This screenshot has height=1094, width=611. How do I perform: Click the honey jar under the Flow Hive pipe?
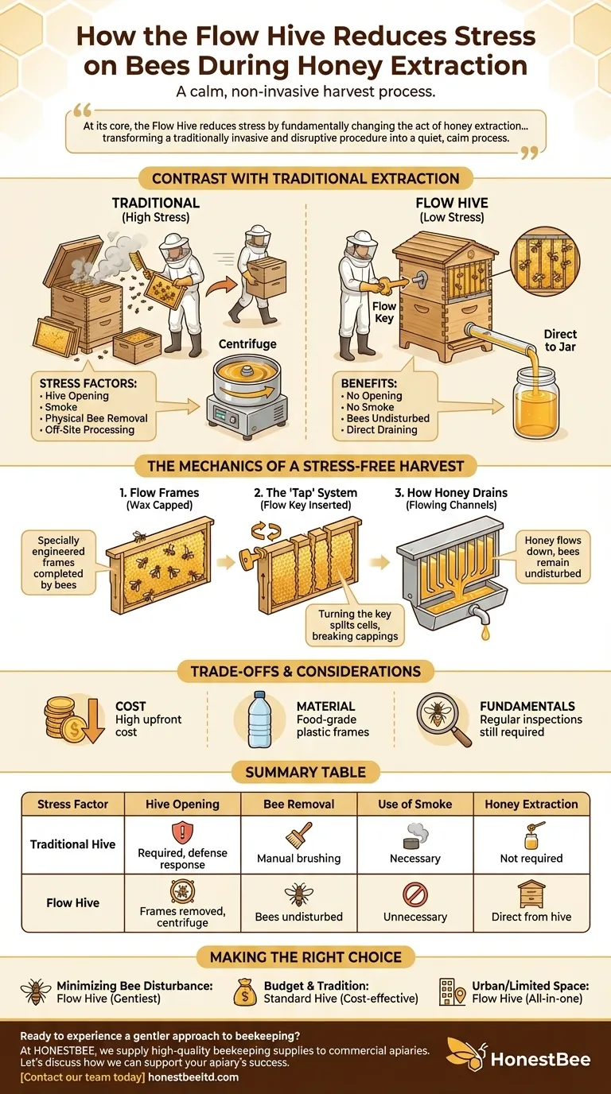535,402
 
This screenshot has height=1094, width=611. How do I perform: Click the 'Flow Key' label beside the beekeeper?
383,312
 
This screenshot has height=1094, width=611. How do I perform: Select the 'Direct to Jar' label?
559,340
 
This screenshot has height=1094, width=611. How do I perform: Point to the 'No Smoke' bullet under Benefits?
370,407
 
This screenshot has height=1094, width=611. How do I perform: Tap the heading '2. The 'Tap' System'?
305,492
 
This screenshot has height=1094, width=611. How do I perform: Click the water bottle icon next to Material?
259,720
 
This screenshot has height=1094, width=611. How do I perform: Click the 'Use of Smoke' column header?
415,804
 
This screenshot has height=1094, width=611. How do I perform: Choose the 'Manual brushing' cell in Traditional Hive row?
298,858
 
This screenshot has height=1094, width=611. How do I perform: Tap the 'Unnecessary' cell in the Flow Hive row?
415,917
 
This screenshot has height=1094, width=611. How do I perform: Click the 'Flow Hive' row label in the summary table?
73,902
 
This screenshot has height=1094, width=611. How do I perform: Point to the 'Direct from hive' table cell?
531,917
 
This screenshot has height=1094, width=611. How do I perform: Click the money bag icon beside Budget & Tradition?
245,992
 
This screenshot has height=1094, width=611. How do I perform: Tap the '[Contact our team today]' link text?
83,1077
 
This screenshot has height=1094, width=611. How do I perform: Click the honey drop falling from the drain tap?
485,634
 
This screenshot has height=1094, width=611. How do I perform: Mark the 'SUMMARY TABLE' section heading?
305,772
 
